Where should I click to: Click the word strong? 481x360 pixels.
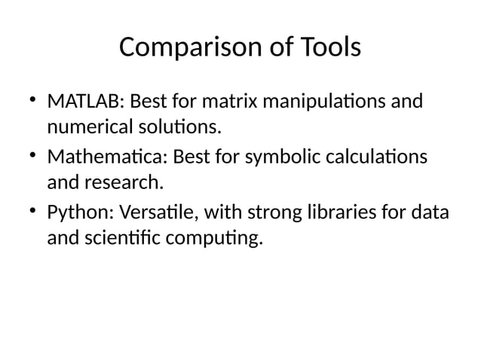point(273,215)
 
